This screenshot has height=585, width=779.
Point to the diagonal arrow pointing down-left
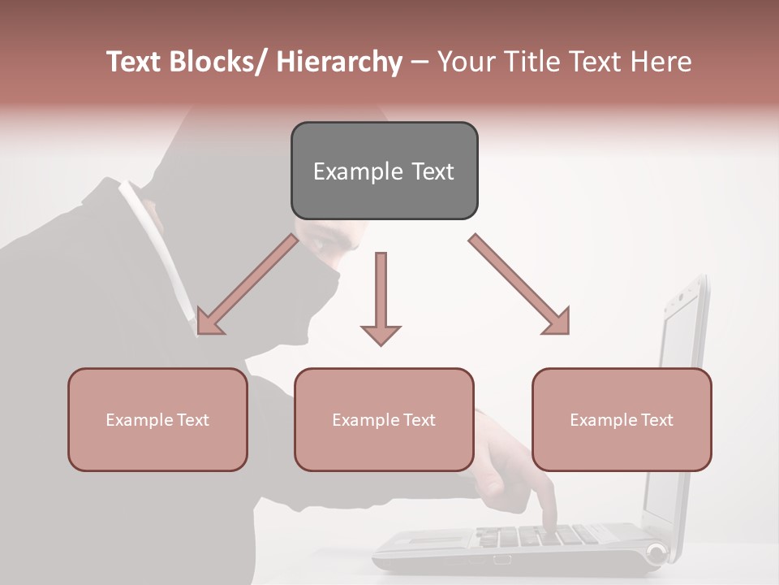247,284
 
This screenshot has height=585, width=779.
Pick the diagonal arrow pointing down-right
519,284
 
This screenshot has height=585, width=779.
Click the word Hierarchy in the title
339,62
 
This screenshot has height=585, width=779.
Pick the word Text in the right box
656,420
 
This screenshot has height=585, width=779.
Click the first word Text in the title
135,62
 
